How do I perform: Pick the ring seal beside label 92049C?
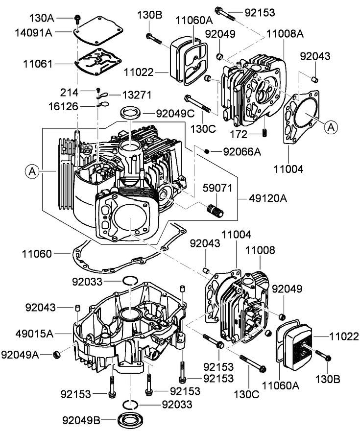tap(130, 111)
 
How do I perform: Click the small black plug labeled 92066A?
tap(208, 151)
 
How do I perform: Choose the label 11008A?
tap(286, 34)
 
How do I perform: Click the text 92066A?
tap(241, 152)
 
